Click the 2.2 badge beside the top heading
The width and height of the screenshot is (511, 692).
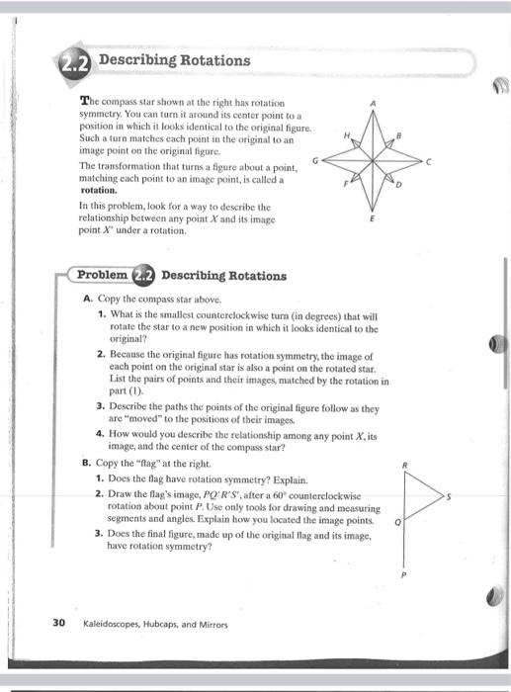pyautogui.click(x=76, y=62)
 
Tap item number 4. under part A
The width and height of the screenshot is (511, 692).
pyautogui.click(x=101, y=432)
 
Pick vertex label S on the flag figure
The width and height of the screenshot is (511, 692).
pyautogui.click(x=450, y=498)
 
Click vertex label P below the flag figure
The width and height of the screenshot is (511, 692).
pyautogui.click(x=404, y=573)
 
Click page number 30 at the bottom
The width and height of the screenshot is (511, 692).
pyautogui.click(x=58, y=624)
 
